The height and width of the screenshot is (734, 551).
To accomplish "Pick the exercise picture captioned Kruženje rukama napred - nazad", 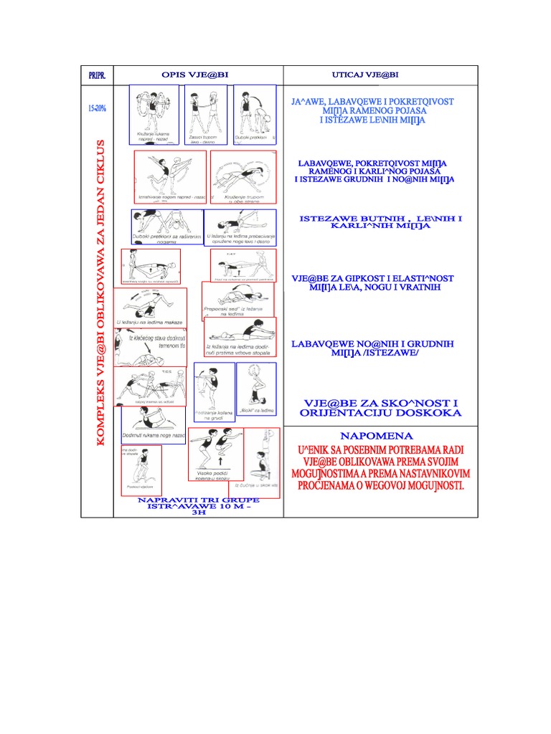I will click(x=154, y=115).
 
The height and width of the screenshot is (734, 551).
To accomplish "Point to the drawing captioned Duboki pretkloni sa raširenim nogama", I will click(x=166, y=227).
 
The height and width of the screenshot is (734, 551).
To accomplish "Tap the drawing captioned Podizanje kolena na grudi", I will click(x=214, y=392).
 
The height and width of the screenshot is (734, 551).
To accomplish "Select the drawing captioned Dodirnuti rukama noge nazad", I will click(x=153, y=425).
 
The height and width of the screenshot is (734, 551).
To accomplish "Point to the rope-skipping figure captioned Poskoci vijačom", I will click(x=142, y=470).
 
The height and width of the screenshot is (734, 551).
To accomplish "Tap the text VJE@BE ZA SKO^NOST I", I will click(x=381, y=403).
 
